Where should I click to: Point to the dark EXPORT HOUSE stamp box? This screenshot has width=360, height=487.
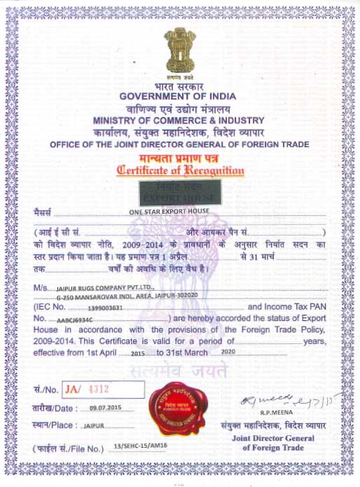tap(180, 192)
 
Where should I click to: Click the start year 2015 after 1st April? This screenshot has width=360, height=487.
tap(137, 355)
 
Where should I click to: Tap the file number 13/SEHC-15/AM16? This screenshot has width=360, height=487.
tap(139, 447)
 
